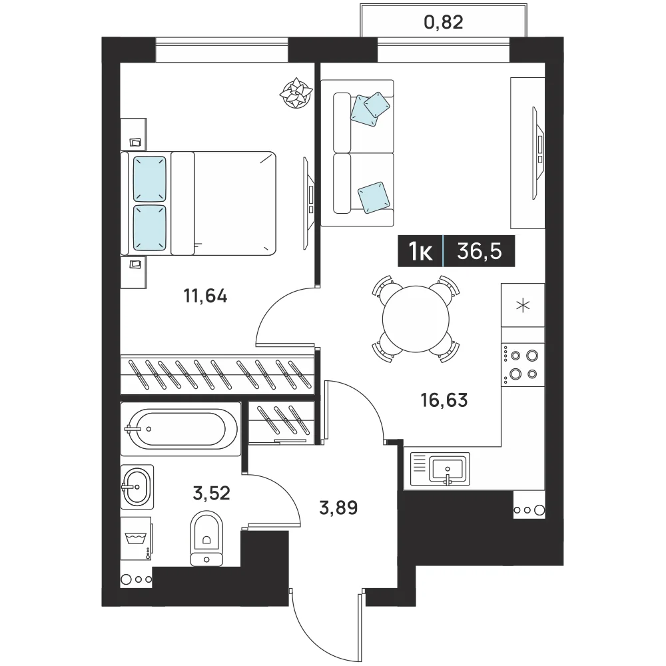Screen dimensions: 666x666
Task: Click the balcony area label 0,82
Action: [x=444, y=22]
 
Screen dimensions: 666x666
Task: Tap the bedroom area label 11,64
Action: [x=205, y=296]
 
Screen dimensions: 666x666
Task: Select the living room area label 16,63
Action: [x=444, y=400]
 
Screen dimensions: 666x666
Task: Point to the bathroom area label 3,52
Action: [x=211, y=493]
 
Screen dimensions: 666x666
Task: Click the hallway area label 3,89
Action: [x=338, y=507]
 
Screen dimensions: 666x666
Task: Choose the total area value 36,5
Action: [x=480, y=251]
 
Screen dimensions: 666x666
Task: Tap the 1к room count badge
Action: [x=420, y=251]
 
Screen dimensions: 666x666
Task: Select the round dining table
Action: [x=416, y=319]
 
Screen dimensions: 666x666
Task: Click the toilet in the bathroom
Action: [x=206, y=538]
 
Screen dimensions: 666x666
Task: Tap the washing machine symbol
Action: [x=136, y=539]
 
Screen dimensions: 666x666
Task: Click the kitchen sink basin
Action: [x=448, y=468]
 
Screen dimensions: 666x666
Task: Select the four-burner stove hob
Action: [x=523, y=365]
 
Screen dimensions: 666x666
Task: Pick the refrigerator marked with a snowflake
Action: [x=523, y=305]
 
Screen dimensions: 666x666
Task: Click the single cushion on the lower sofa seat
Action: [x=374, y=197]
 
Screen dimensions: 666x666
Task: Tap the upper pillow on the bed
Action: [x=149, y=178]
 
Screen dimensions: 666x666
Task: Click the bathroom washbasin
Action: [x=137, y=487]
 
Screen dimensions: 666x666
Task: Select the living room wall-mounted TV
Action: [x=539, y=153]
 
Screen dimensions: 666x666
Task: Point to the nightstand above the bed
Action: [x=133, y=135]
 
